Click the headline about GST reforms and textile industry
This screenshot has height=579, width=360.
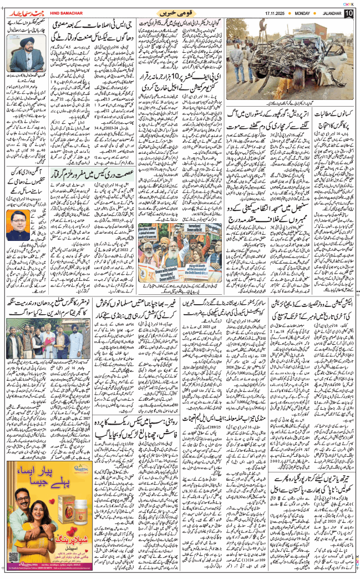[100, 34]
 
